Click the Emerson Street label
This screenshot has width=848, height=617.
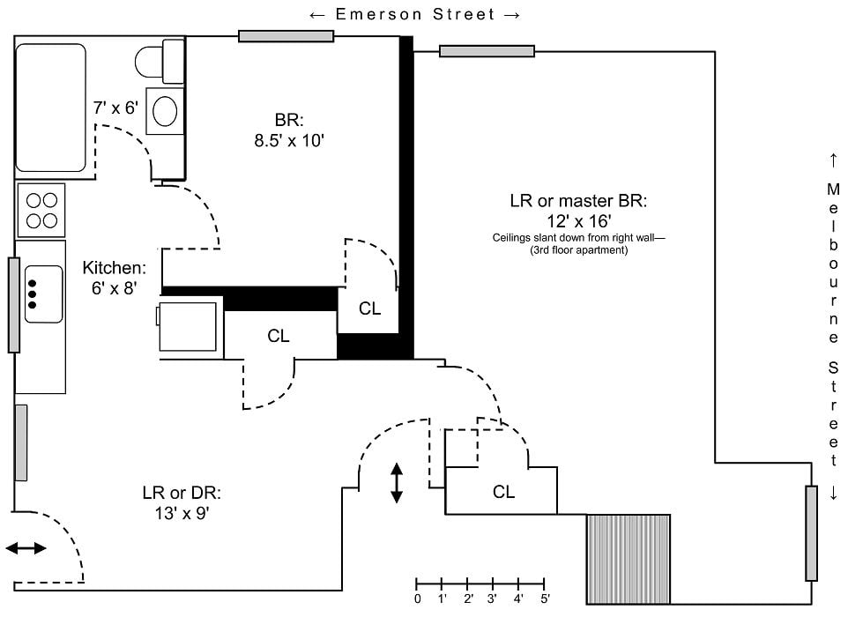pos(415,15)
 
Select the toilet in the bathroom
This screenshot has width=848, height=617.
pos(160,61)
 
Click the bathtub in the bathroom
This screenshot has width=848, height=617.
pos(51,108)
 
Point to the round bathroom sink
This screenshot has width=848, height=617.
pos(165,111)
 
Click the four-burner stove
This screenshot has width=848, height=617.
pos(41,211)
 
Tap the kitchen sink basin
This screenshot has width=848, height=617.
pos(43,294)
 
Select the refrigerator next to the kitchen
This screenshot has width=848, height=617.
pos(189,327)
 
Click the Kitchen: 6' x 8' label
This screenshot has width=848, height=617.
pos(114,278)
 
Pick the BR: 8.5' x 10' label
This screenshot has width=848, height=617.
pos(289,130)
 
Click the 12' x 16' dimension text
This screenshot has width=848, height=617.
pos(578,221)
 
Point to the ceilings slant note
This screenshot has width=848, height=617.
pos(578,244)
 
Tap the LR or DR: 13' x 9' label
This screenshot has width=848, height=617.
pos(182,503)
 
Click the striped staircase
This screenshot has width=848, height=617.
pos(629,559)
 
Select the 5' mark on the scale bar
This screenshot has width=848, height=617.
pos(544,598)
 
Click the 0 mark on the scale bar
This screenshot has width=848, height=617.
pos(417,598)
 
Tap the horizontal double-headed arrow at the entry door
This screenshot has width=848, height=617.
pos(26,548)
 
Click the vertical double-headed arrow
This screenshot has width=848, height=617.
pos(397,483)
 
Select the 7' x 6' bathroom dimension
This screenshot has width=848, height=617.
pos(115,108)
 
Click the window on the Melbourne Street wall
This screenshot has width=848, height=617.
pos(811,533)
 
